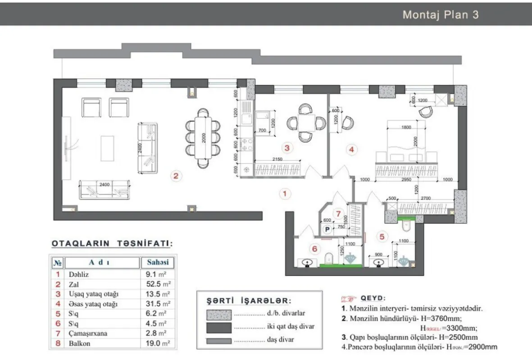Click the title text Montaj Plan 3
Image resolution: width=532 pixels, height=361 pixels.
(440, 14)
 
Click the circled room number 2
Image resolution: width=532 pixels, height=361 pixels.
(176, 176)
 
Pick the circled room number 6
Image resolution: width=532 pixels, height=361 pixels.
(314, 248)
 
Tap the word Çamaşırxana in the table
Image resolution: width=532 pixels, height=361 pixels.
(89, 333)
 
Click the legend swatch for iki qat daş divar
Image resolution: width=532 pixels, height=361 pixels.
(219, 326)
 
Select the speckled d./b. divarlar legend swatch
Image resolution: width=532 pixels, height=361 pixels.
(219, 313)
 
